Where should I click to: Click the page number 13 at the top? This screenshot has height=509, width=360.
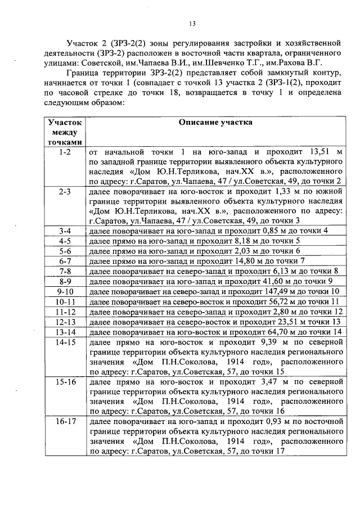(x=191, y=23)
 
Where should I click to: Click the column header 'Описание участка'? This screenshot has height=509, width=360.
(x=215, y=122)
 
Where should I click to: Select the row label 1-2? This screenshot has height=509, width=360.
(x=65, y=152)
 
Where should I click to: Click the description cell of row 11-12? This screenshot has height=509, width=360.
(x=215, y=312)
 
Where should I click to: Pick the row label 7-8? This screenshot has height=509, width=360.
(x=65, y=272)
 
